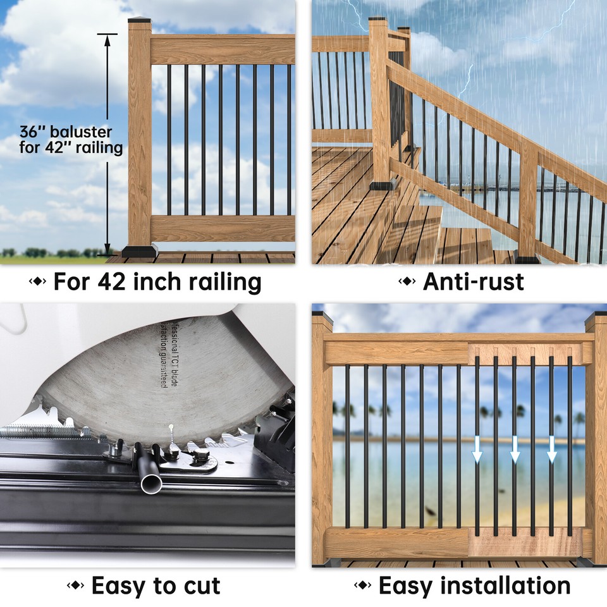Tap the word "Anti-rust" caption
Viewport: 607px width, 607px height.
click(473, 281)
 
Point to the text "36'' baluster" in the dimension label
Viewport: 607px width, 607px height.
click(66, 133)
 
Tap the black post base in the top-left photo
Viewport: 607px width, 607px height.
click(140, 250)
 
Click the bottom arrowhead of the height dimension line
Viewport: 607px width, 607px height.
click(107, 248)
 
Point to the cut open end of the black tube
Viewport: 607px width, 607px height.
click(152, 484)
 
